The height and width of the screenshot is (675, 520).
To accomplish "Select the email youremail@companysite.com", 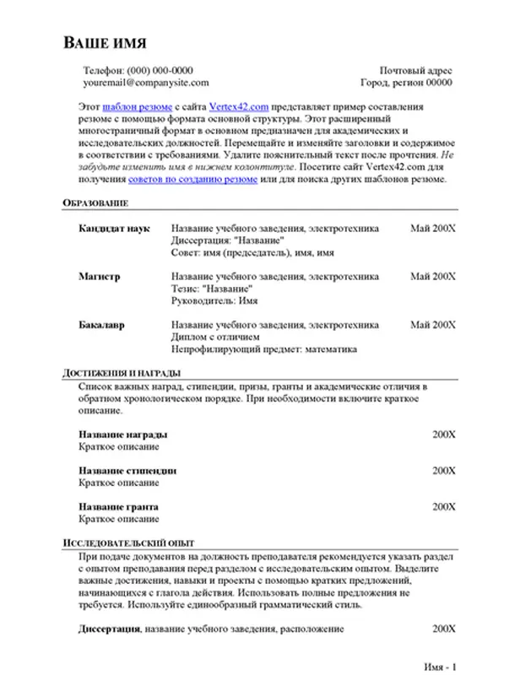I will pos(145,84).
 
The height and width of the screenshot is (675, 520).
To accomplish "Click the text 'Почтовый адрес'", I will pos(416,71).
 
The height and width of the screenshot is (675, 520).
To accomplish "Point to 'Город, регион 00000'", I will pos(406,84).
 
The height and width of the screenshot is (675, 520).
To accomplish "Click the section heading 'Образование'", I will pos(96,204).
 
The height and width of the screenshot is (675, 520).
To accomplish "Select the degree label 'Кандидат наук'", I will pos(114,229).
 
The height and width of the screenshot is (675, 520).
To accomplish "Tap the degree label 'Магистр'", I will pos(100,276).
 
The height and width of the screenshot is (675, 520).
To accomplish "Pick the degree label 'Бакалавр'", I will pos(103,325).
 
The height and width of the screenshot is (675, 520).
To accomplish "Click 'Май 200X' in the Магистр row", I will pos(433,276).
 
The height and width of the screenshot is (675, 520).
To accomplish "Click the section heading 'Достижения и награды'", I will pos(122,372).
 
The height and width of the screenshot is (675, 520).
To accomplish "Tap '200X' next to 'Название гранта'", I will pos(444,507).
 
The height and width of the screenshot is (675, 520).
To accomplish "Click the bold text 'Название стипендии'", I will pos(127,471).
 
